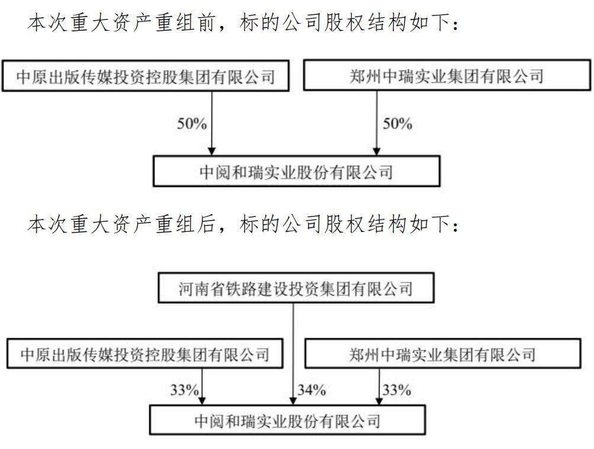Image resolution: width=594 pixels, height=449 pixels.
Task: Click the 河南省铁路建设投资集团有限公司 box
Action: tap(296, 289)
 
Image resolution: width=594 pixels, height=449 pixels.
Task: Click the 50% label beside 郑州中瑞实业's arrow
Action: tap(397, 124)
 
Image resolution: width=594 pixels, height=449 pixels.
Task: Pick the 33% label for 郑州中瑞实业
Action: tap(396, 390)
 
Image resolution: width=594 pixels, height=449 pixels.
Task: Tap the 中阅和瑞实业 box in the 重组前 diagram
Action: tap(296, 172)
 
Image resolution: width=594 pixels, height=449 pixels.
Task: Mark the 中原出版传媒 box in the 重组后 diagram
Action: tap(145, 354)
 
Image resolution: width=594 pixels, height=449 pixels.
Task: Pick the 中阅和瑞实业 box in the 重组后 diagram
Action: tap(287, 422)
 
